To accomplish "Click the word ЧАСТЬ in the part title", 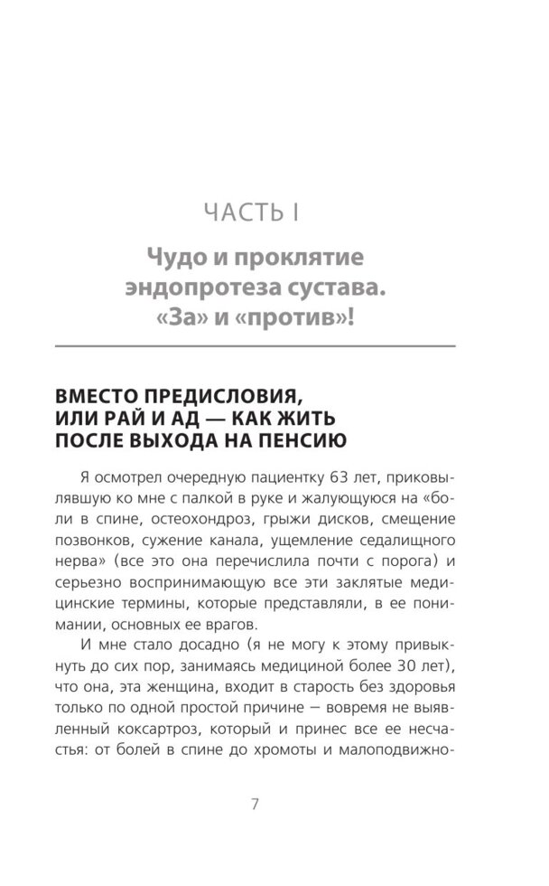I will (x=237, y=213).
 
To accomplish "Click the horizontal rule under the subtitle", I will (x=261, y=346).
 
